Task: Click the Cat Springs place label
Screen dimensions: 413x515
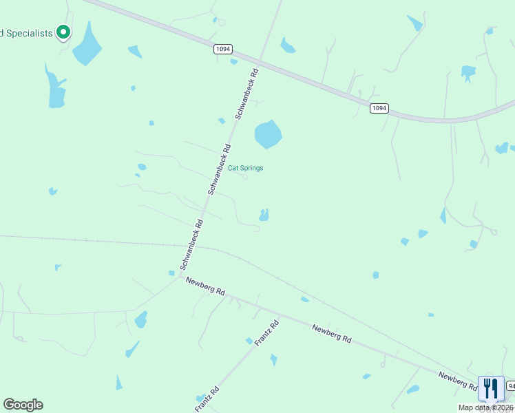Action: (x=245, y=168)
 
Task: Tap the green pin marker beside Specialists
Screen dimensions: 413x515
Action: (x=63, y=32)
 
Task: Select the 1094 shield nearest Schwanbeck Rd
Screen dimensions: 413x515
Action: (x=222, y=49)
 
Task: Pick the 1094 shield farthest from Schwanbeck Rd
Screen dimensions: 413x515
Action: (x=379, y=108)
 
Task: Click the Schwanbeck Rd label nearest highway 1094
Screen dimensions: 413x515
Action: (x=246, y=93)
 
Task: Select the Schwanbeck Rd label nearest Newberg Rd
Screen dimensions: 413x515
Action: (x=191, y=244)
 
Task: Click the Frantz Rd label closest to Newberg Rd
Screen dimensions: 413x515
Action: (x=266, y=332)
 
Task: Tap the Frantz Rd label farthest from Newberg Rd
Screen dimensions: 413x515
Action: (x=207, y=399)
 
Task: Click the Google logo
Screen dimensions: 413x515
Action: (x=23, y=405)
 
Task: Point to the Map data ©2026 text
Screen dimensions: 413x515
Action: (x=485, y=407)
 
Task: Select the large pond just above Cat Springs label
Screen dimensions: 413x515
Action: (x=268, y=134)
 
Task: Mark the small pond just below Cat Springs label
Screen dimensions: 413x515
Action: (x=263, y=216)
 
